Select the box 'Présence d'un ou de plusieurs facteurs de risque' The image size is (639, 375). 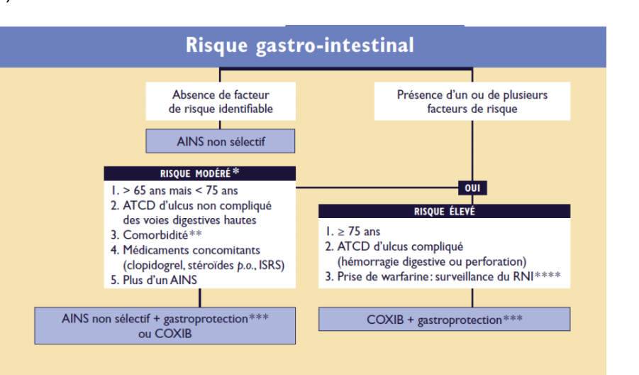472,102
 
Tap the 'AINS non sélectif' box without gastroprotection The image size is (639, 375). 221,141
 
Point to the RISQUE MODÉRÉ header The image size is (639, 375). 200,173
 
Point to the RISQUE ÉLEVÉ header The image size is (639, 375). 444,211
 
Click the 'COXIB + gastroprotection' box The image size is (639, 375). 444,319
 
